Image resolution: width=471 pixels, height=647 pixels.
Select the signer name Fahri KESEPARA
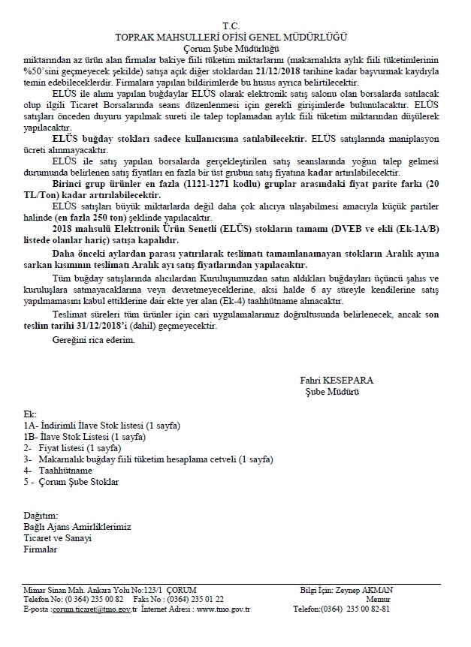pos(336,381)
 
